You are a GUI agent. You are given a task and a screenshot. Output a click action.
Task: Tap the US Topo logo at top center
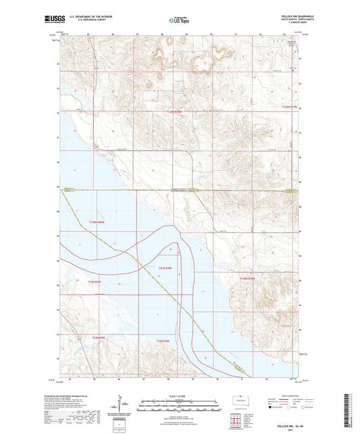179,20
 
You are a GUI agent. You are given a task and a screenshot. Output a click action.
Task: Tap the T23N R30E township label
166,268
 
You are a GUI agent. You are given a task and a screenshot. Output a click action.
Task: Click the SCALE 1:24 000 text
180,394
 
